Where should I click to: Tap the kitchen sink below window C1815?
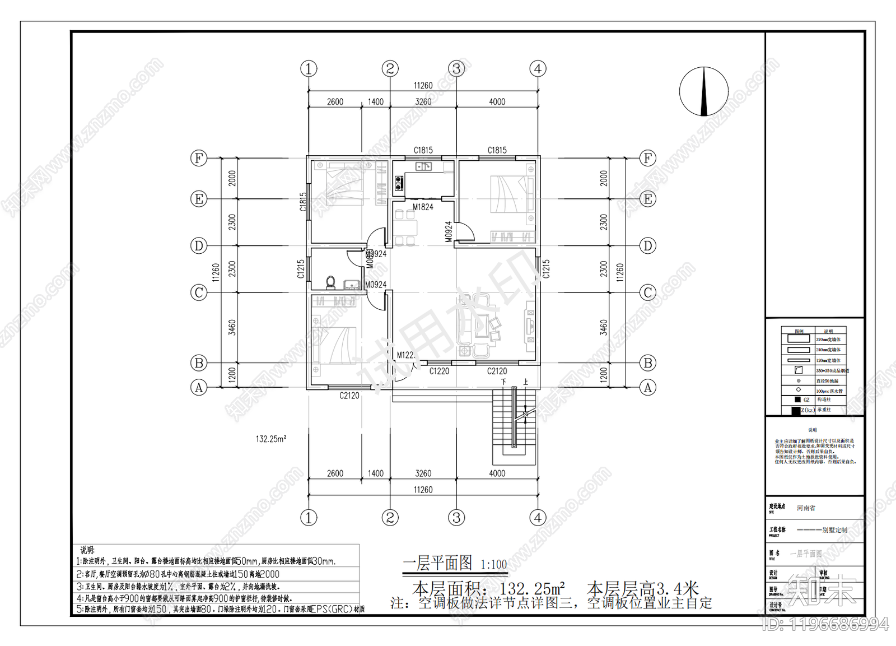pos(423,166)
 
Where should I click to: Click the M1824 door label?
pos(423,207)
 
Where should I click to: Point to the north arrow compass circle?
pos(704,91)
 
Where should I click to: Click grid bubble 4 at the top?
pos(538,69)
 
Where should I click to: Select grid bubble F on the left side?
pos(199,158)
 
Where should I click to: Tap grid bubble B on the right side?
pos(648,363)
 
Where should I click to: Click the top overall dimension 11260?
pos(423,85)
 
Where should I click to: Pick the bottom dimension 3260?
pos(423,473)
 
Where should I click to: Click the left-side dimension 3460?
pos(232,327)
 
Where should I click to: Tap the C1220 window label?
pos(439,371)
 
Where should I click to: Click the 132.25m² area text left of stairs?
pos(270,439)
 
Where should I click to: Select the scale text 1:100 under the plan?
pos(493,565)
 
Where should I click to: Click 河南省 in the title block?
pos(806,508)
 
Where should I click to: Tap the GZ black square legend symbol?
pos(797,399)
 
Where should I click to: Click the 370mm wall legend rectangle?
pos(799,338)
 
